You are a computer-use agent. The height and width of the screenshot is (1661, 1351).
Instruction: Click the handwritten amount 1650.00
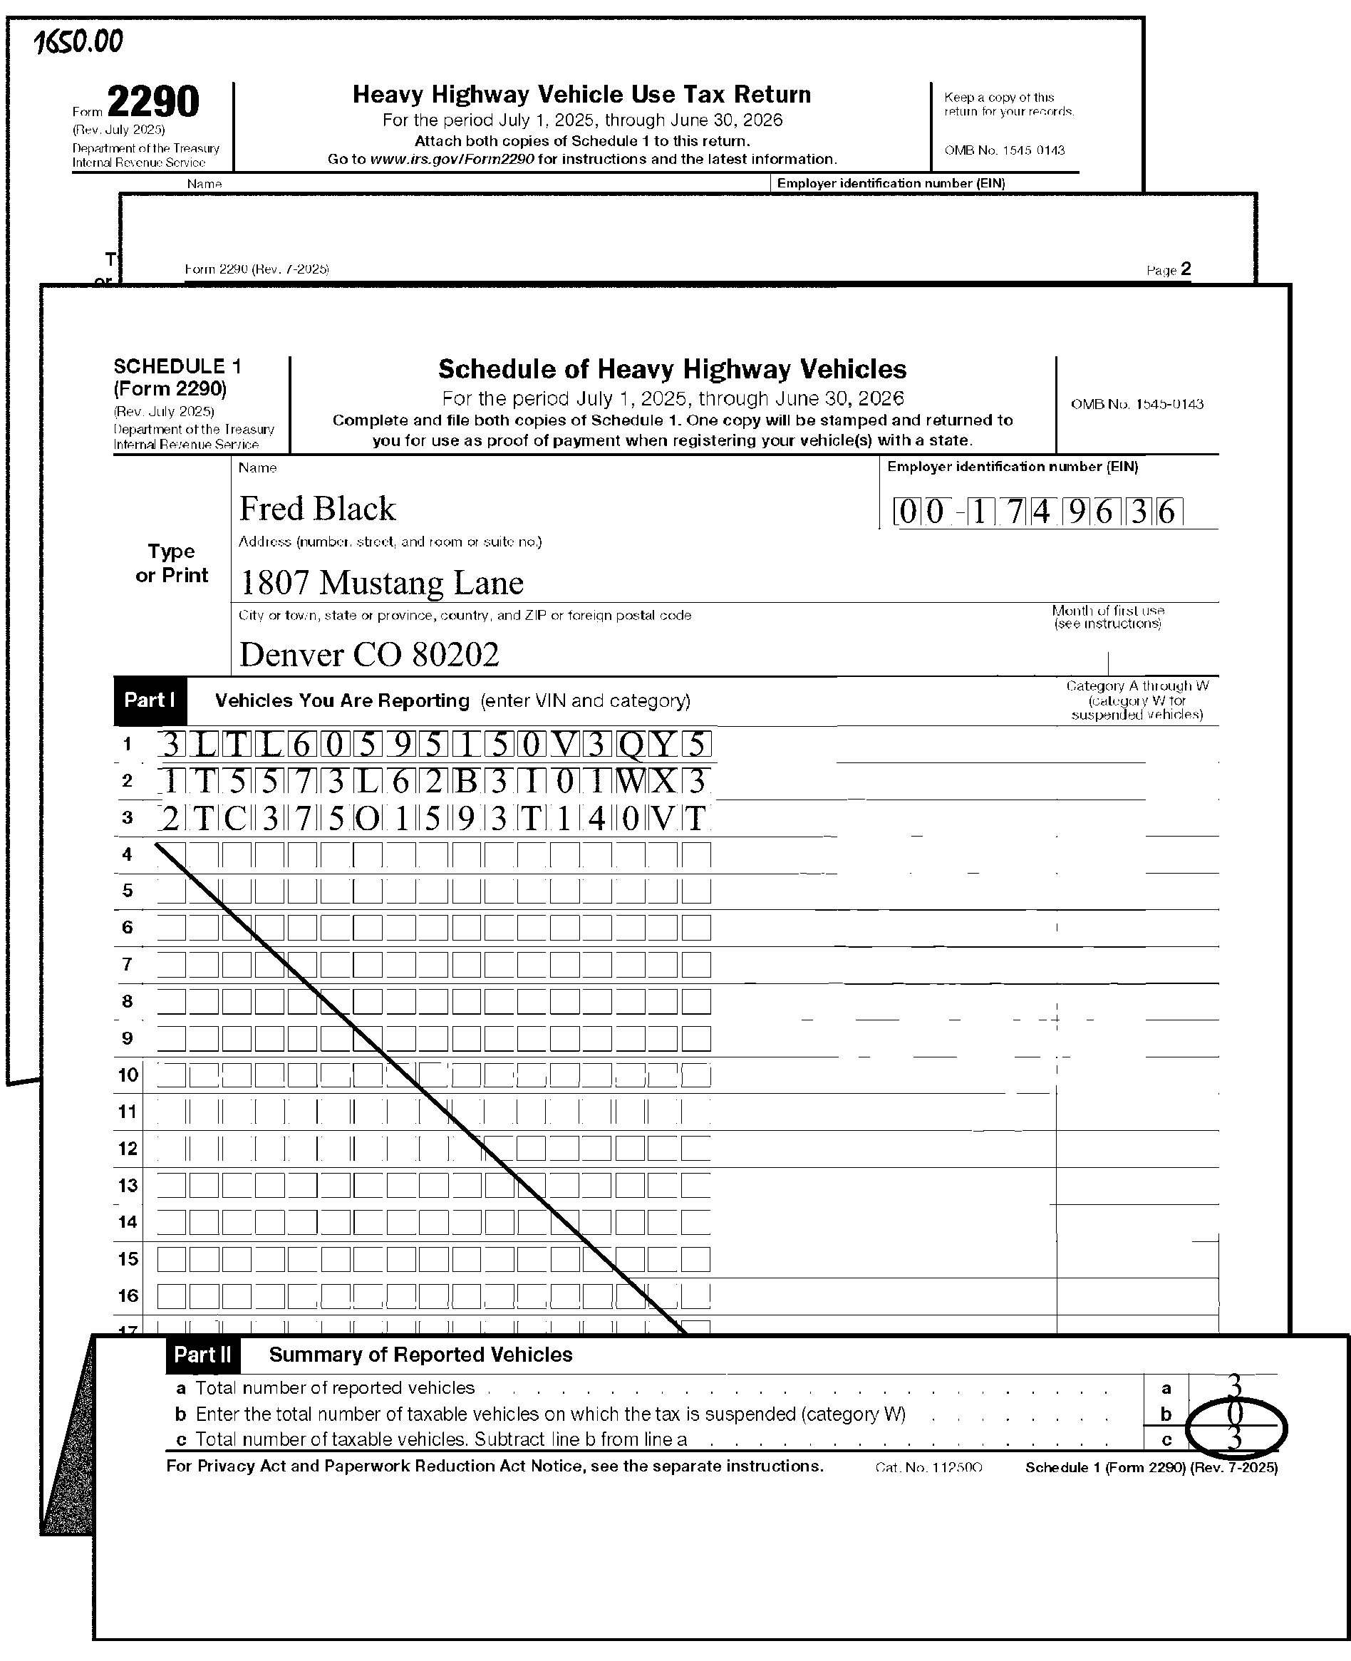78,42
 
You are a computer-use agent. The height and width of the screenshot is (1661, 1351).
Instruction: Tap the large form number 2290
152,102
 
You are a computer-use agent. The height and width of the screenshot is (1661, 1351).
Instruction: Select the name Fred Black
317,509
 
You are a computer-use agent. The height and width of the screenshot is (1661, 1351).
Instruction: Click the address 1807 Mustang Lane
381,583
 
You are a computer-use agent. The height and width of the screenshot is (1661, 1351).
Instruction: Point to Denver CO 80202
369,655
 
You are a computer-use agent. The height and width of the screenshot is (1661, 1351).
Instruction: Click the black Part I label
150,700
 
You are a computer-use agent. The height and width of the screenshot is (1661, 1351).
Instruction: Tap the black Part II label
202,1355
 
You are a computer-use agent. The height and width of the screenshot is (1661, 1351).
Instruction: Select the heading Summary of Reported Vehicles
420,1355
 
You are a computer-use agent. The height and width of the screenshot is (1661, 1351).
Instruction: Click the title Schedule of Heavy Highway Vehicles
673,369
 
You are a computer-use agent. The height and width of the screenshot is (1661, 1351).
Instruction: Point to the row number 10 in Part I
128,1075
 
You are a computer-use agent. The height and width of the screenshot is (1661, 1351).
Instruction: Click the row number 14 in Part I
128,1222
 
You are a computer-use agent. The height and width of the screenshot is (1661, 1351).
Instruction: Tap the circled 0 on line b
1235,1413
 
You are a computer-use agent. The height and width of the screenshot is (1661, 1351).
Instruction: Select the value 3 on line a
1234,1385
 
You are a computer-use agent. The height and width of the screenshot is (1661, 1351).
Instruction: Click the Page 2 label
1168,270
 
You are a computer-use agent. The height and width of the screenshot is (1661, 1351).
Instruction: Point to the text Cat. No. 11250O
928,1467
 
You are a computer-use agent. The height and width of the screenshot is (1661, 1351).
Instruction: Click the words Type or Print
172,564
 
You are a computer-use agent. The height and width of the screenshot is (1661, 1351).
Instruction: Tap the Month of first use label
1107,616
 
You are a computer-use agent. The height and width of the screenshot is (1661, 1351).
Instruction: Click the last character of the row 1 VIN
696,745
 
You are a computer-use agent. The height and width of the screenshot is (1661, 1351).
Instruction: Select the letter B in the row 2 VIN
466,781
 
